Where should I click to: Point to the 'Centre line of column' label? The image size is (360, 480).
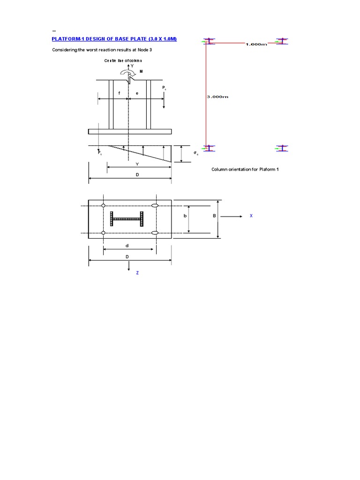(123, 61)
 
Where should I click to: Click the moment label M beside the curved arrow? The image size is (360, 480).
(141, 71)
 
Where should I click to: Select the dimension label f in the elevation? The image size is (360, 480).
(119, 93)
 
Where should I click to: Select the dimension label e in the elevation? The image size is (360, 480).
(137, 93)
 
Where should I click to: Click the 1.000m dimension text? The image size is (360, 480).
(256, 45)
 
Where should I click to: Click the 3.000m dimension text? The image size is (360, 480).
(217, 97)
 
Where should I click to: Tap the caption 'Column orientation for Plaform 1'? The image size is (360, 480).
(245, 169)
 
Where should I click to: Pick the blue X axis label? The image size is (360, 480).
(251, 216)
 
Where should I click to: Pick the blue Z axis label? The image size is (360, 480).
(137, 273)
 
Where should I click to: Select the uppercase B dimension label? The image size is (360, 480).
(214, 216)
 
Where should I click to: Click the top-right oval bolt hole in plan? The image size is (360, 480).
(155, 206)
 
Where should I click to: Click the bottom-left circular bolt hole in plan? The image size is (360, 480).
(103, 233)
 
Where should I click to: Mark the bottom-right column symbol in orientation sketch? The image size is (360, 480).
(281, 148)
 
